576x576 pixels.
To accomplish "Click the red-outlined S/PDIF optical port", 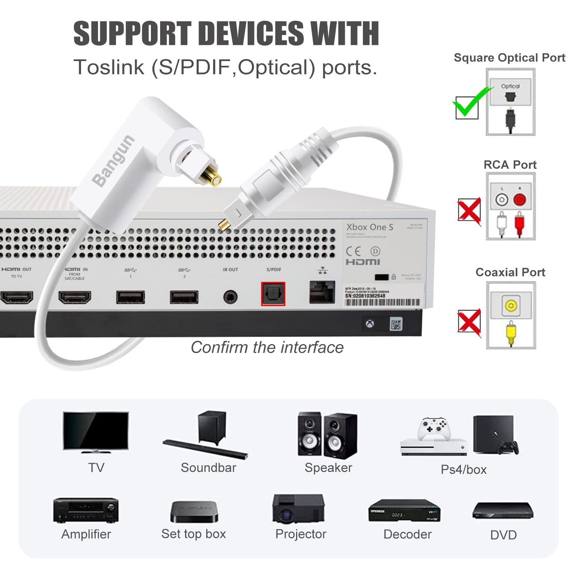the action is (x=273, y=294).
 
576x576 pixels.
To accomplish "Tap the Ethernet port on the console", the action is (x=322, y=292).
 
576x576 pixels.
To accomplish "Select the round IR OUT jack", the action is (x=230, y=297).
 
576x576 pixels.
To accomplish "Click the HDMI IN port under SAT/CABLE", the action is (x=74, y=297).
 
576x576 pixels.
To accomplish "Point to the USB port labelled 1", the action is (x=131, y=297).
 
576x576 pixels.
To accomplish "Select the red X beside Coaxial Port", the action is (x=469, y=321).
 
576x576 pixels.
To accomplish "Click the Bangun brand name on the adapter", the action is (x=114, y=161).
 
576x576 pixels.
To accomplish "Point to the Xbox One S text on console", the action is (x=370, y=227).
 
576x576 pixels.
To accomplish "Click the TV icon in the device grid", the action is (x=96, y=432).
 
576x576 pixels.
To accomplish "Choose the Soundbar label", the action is (x=208, y=468).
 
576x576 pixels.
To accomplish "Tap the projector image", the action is (x=298, y=509).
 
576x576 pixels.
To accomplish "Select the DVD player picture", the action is (x=503, y=511).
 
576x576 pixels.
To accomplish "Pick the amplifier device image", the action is (x=86, y=510).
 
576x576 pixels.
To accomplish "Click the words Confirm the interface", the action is (x=267, y=348).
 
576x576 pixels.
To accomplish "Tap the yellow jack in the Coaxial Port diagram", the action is (x=511, y=306).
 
